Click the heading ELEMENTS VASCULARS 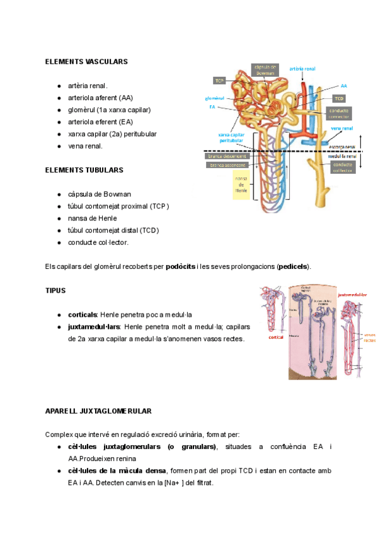(86, 62)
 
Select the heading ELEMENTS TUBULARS (84, 170)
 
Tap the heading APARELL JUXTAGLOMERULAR (98, 411)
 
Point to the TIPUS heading (55, 291)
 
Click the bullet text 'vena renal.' (85, 146)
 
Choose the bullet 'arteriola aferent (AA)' (100, 98)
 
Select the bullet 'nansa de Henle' (92, 218)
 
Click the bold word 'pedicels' (293, 266)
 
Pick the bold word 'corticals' (83, 314)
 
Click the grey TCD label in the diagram (340, 99)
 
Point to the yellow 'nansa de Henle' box (242, 185)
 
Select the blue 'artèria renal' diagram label (302, 68)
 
